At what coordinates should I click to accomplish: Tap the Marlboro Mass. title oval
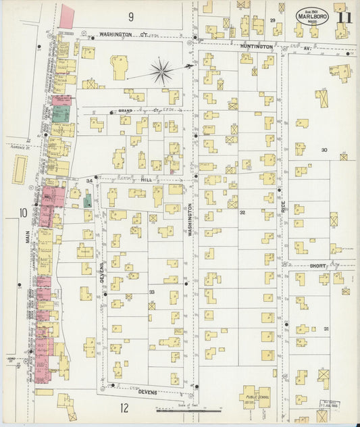click(312, 17)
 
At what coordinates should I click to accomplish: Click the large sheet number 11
click(344, 18)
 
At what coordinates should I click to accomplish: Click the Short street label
click(317, 266)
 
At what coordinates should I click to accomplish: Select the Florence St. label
click(19, 145)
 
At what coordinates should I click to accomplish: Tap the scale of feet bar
click(178, 409)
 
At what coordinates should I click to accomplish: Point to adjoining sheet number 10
click(23, 214)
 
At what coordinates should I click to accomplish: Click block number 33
click(151, 292)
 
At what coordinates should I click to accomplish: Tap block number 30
click(324, 150)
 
